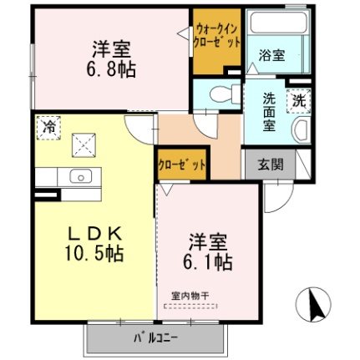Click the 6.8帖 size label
click(x=111, y=69)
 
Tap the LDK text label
click(x=95, y=234)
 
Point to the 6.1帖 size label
click(x=208, y=261)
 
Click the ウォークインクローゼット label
click(x=216, y=37)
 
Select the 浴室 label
click(x=271, y=55)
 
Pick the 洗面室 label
click(x=269, y=112)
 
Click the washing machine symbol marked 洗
click(x=299, y=100)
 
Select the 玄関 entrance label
click(x=271, y=165)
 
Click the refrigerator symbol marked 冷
click(x=48, y=128)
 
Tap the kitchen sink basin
click(x=81, y=176)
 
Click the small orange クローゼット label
click(x=182, y=165)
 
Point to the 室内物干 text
click(x=190, y=296)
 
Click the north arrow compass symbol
click(x=313, y=303)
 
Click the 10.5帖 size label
click(x=94, y=253)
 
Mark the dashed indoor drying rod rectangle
click(x=191, y=307)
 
